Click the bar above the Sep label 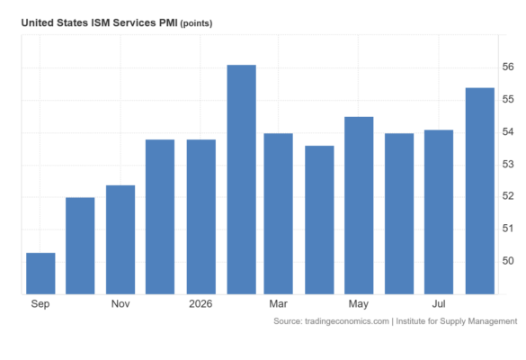point(40,274)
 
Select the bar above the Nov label point(120,239)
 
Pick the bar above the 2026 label point(201,217)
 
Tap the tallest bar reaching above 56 point(242,180)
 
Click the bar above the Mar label point(279,214)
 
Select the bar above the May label point(359,205)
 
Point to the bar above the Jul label point(439,212)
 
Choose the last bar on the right point(480,191)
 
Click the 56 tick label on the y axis point(508,67)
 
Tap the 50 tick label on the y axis point(508,261)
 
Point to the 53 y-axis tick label point(508,164)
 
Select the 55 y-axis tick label point(508,99)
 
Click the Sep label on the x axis point(40,304)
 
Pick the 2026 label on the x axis point(201,304)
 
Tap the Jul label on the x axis point(439,304)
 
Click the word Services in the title point(134,22)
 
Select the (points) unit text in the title point(196,23)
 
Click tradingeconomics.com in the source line point(347,321)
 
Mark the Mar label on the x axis point(278,304)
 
